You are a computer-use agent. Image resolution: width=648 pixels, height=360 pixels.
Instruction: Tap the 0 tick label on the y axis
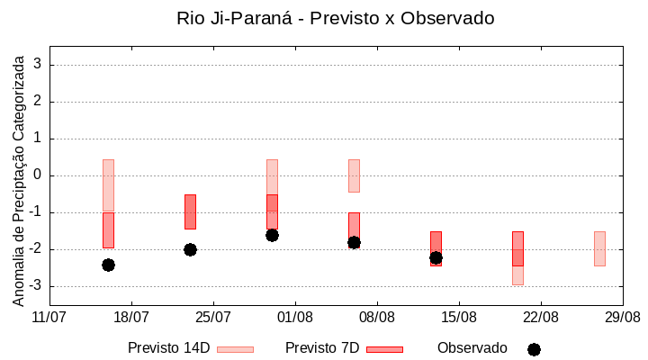[38, 175]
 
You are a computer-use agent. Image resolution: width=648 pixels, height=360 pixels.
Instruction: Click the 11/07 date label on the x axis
[49, 317]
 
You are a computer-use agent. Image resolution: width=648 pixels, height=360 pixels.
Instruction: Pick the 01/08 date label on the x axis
[295, 317]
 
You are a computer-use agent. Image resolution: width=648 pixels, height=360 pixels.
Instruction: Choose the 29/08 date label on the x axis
[622, 317]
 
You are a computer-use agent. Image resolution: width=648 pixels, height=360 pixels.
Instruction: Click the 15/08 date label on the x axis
[459, 317]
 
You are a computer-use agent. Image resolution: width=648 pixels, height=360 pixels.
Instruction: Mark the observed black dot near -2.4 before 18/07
[108, 265]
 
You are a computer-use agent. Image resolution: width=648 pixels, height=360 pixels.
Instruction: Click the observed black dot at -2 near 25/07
[190, 249]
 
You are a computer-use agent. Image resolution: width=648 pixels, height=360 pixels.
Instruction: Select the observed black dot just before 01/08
[272, 235]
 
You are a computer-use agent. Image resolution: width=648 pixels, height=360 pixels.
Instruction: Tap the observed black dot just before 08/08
[354, 242]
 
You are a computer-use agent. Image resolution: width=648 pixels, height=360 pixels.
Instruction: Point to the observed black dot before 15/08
[436, 257]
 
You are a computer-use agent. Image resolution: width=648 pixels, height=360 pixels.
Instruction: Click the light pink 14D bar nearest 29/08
[599, 248]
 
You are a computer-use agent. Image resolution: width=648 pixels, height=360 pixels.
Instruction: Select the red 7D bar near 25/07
[190, 211]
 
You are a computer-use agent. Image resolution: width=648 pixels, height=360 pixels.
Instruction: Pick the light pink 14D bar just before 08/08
[354, 175]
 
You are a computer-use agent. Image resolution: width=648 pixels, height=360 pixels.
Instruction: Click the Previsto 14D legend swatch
[235, 349]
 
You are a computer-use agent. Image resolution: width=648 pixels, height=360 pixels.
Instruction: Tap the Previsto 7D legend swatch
[384, 349]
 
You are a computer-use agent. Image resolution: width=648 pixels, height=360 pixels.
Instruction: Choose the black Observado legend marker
[534, 349]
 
